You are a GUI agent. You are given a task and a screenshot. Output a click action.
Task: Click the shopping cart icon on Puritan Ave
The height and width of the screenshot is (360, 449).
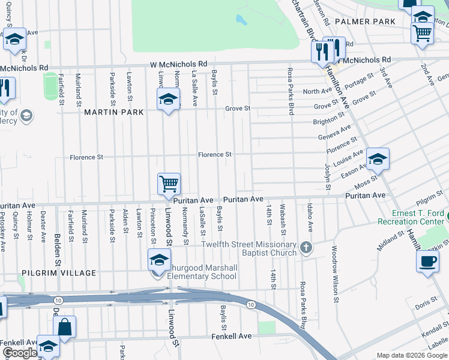[169, 184]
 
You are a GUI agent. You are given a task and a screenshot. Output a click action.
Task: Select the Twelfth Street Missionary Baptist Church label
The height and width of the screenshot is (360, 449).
[249, 248]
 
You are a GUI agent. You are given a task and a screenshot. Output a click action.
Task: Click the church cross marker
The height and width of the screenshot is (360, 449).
[306, 247]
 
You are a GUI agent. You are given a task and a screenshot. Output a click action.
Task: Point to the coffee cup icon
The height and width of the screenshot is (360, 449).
[427, 262]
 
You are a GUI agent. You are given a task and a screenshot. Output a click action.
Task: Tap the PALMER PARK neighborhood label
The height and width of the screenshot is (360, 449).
[365, 22]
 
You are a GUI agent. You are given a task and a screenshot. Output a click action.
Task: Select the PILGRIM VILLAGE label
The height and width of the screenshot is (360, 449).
[59, 273]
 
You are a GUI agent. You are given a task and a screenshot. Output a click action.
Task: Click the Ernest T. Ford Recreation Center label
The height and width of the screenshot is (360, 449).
[411, 217]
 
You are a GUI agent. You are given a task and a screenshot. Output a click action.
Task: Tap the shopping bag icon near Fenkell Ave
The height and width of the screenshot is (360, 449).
[65, 327]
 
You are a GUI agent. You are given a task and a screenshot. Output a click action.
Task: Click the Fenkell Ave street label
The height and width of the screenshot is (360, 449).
[231, 337]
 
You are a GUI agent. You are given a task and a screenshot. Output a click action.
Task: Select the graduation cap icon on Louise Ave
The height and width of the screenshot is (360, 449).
[378, 158]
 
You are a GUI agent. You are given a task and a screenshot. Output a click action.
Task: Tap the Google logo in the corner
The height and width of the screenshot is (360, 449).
[20, 353]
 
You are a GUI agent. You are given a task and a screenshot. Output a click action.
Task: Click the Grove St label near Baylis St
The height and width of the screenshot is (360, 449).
[237, 109]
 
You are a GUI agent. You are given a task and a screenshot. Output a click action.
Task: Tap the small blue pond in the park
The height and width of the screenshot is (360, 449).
[241, 20]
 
